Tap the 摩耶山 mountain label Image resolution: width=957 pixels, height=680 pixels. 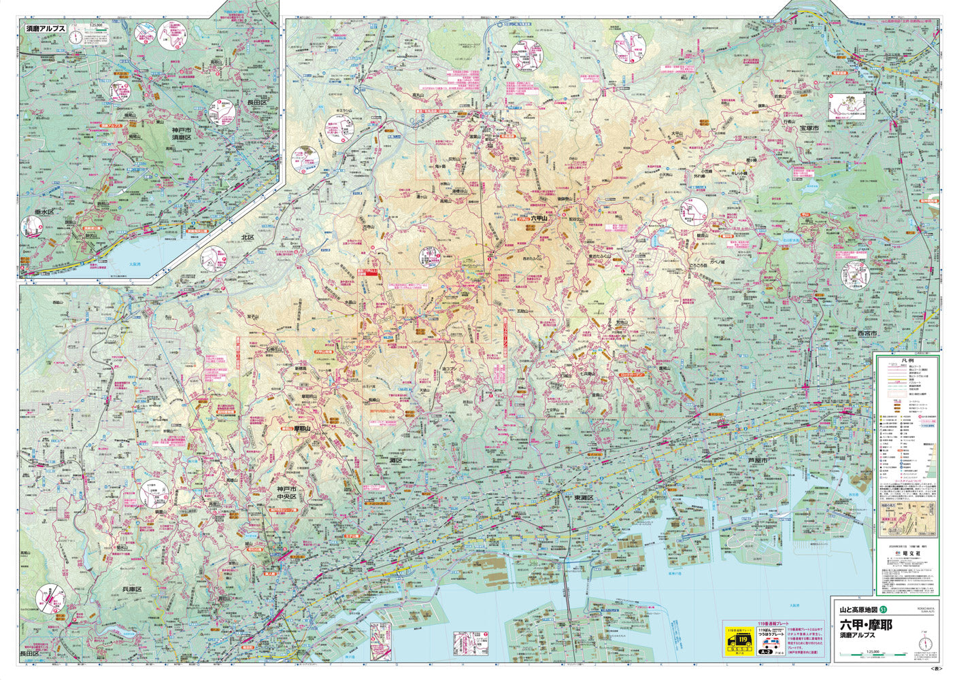click(303, 429)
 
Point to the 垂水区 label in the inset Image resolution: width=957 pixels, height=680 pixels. click(35, 211)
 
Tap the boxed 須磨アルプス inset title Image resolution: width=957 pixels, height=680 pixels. click(46, 29)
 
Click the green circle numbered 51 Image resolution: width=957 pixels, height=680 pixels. click(884, 609)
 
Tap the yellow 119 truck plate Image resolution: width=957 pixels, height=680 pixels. click(739, 641)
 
